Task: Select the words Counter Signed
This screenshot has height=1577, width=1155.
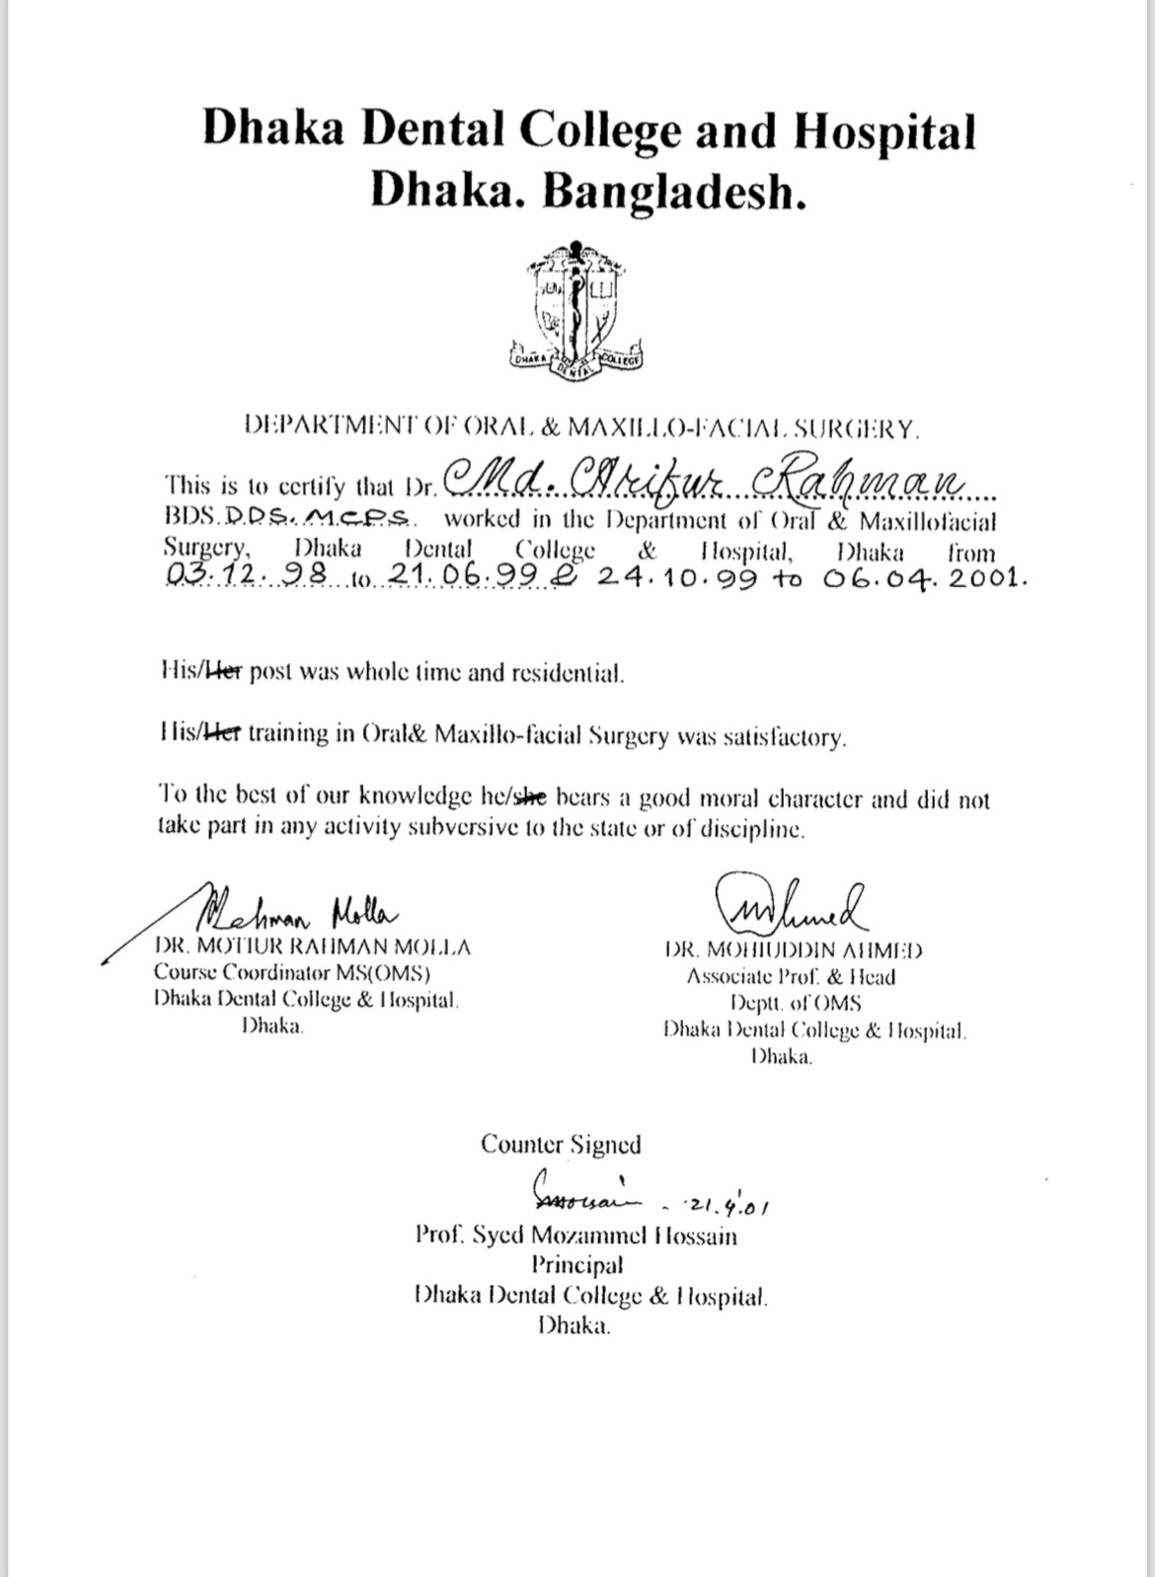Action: tap(561, 1145)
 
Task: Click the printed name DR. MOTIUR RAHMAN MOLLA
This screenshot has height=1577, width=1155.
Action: tap(313, 947)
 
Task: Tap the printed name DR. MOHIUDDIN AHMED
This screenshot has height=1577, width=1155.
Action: tap(794, 950)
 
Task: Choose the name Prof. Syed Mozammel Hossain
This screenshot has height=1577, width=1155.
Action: tap(577, 1236)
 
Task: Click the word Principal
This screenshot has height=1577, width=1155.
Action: tap(577, 1265)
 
